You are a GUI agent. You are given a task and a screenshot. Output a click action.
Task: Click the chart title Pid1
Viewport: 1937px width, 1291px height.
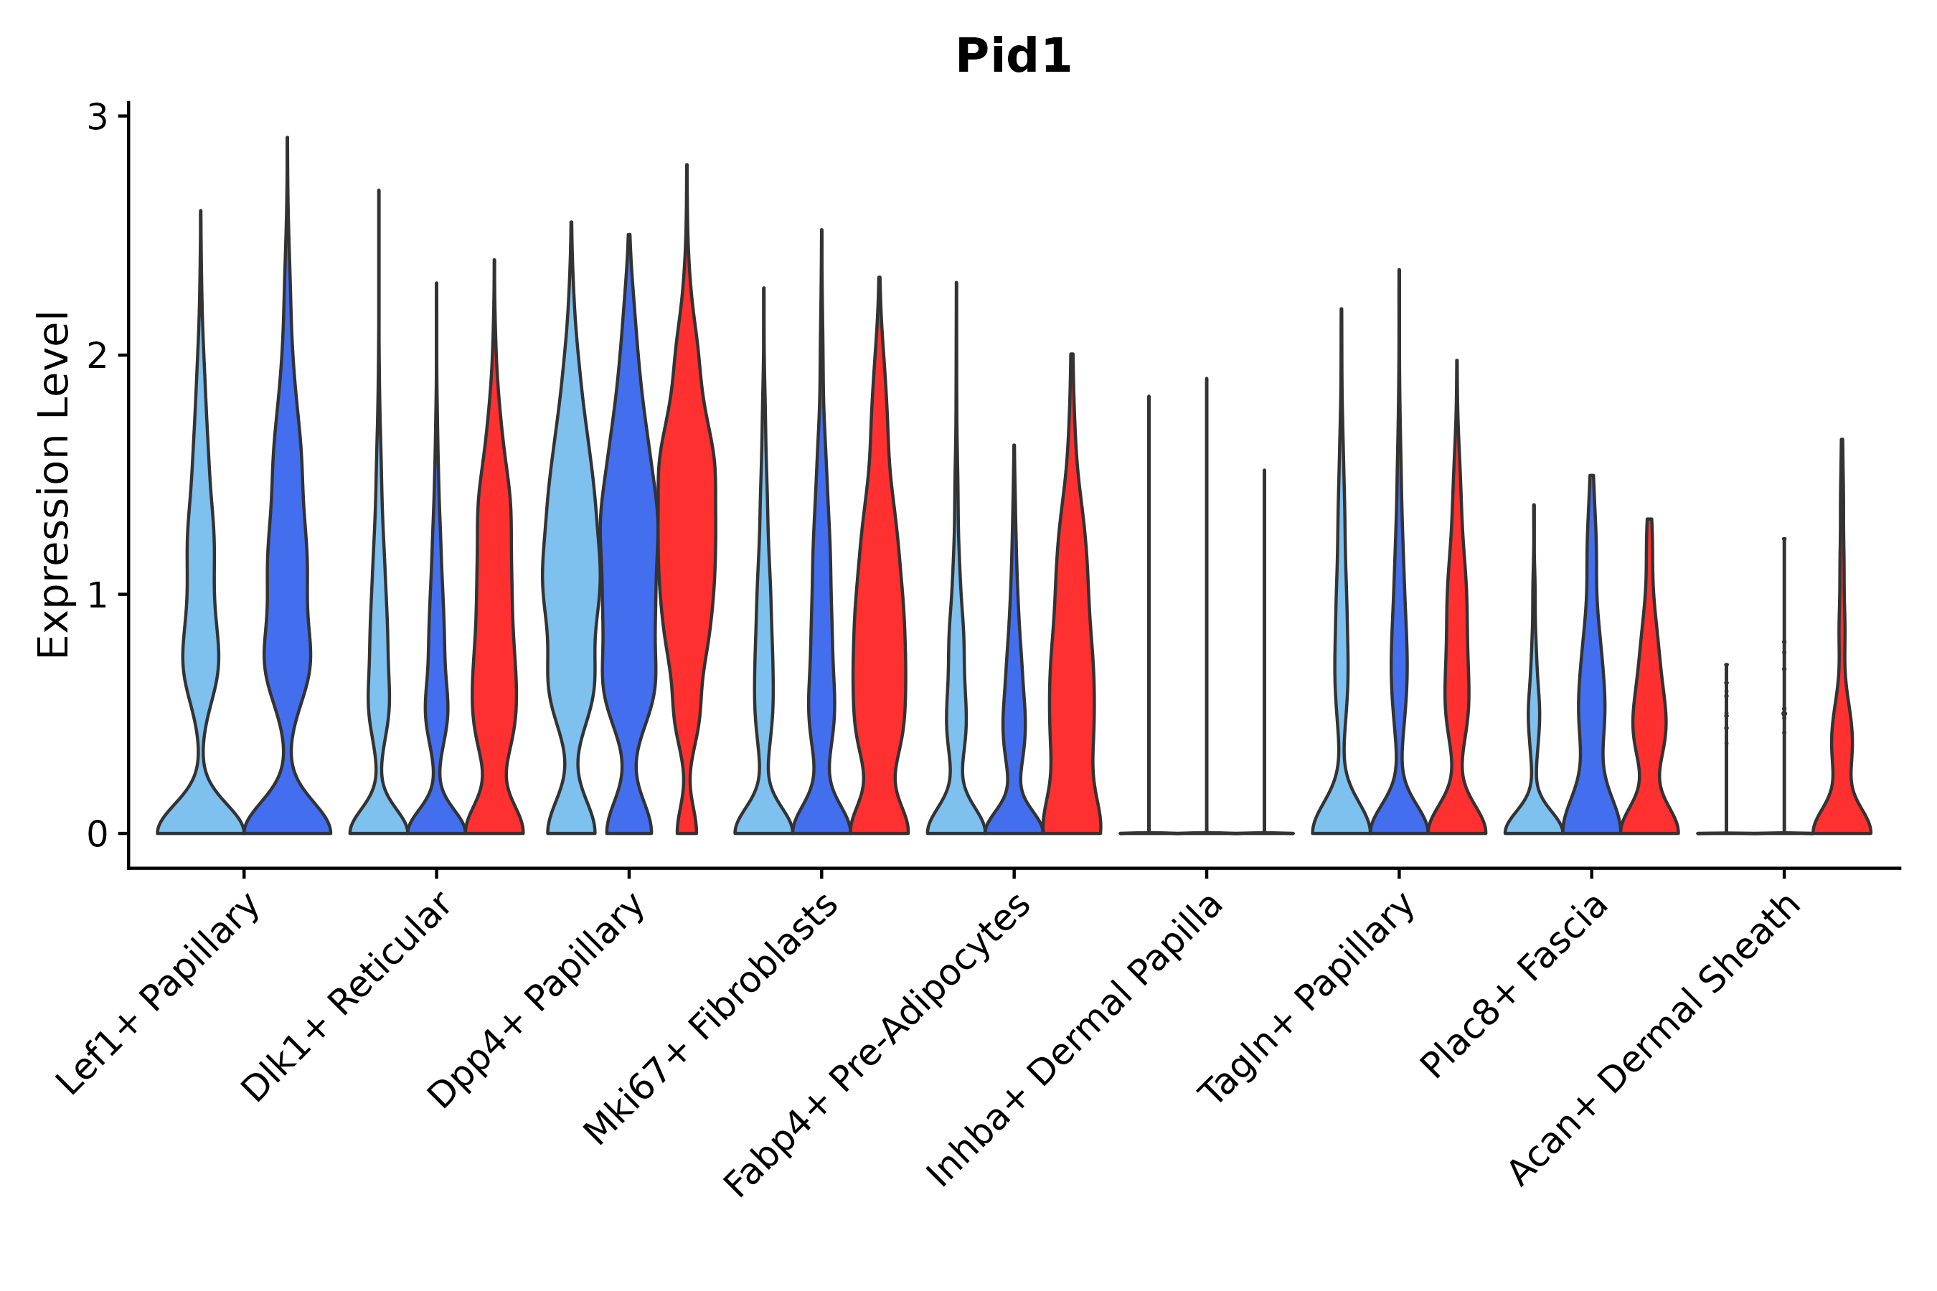[1013, 57]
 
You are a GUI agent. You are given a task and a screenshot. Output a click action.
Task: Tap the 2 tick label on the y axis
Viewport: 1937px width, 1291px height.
[97, 356]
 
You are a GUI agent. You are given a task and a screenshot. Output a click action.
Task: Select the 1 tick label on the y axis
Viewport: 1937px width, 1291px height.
[97, 595]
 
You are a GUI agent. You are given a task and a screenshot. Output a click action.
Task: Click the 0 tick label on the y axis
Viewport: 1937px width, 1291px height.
[97, 835]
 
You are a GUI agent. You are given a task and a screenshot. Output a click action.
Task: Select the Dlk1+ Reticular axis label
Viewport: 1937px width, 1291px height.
[347, 997]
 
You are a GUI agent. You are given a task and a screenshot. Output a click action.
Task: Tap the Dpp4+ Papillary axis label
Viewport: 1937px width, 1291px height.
[536, 1001]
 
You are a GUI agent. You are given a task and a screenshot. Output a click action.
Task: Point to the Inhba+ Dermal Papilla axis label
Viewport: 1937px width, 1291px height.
[1075, 1041]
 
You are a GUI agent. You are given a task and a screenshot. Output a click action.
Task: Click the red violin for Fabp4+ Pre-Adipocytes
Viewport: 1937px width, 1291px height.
[1071, 658]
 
